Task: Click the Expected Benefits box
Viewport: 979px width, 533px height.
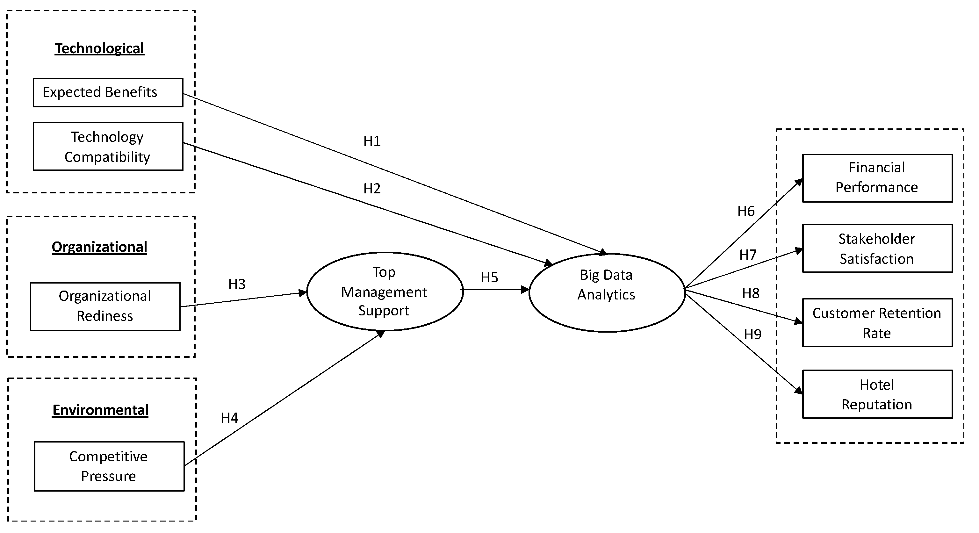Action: point(108,92)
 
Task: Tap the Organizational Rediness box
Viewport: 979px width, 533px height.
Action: point(105,306)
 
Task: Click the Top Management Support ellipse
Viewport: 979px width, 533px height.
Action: point(385,291)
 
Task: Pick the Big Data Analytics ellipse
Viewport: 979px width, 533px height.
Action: point(607,292)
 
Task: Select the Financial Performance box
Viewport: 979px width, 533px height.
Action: point(877,178)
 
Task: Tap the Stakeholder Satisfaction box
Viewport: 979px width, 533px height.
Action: point(877,248)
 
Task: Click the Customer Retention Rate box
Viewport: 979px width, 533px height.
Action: point(877,323)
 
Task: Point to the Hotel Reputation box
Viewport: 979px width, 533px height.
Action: point(877,394)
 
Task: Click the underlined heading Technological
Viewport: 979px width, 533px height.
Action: point(100,49)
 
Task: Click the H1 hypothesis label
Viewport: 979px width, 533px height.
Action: point(372,141)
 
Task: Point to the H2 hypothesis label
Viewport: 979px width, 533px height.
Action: point(372,189)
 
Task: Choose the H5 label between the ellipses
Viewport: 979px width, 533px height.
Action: point(489,278)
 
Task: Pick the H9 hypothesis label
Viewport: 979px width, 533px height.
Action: point(753,335)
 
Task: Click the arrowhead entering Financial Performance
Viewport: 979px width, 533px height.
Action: point(799,182)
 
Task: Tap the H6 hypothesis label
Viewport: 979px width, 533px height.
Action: point(746,211)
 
